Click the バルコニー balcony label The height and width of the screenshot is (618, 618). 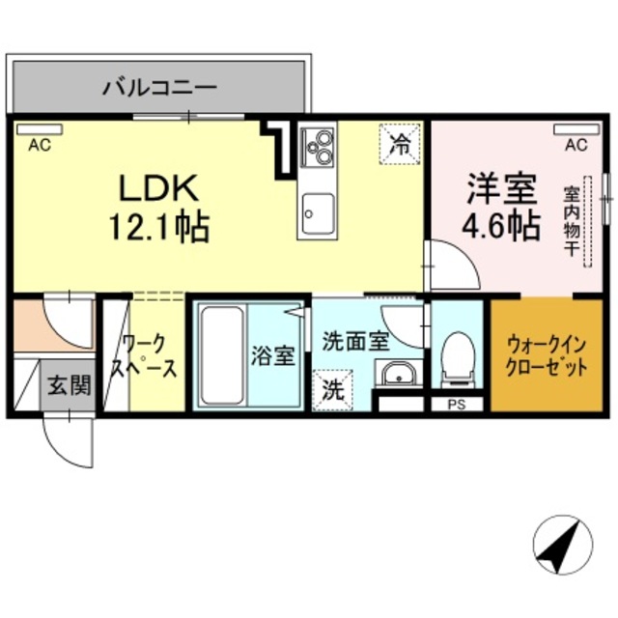pos(159,88)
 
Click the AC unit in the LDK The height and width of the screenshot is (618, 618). pos(40,128)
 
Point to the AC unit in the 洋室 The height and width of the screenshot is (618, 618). pos(576,128)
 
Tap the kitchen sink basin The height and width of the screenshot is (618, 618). pos(318,212)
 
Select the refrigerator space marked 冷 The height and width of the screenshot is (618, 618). pos(399,144)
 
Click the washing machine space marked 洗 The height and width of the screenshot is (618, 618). pos(332,390)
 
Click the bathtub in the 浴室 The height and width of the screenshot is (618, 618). pos(221,355)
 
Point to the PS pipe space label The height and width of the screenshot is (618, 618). pos(457,405)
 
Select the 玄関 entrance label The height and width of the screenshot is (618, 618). pos(70,385)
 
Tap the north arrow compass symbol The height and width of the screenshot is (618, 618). pos(562,545)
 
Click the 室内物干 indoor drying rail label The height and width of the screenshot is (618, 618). pos(571,221)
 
